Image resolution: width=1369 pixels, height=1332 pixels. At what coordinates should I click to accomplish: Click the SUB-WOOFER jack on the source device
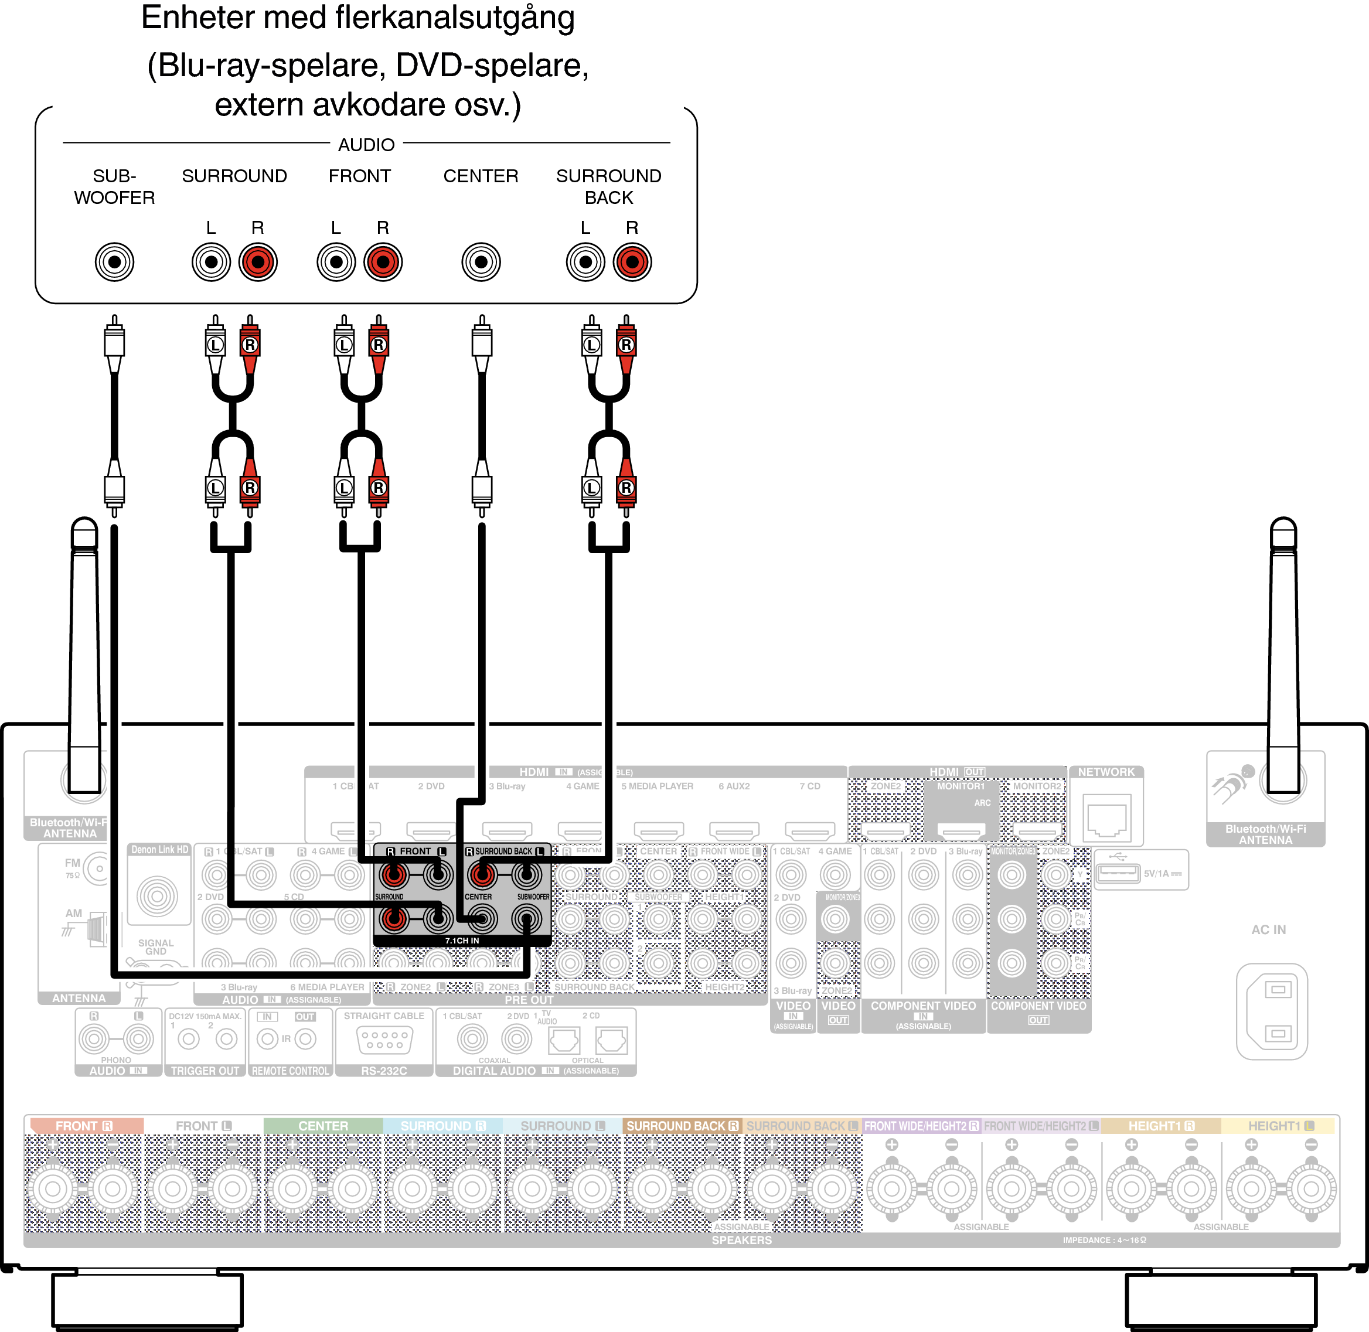(114, 263)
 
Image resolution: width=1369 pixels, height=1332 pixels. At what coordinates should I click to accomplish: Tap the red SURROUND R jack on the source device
(258, 263)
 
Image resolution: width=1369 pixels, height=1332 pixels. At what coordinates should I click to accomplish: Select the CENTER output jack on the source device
(481, 263)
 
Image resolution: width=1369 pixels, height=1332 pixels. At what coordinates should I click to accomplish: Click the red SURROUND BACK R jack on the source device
(632, 263)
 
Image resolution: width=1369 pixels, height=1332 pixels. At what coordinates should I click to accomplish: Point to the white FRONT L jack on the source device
(336, 263)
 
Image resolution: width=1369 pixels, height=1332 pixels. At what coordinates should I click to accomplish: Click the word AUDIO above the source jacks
(366, 145)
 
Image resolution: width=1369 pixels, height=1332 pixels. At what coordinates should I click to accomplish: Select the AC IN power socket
(1271, 1011)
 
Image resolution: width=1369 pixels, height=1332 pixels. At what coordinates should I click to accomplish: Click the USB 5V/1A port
(1118, 873)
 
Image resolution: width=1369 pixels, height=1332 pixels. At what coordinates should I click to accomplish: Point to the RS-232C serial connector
(384, 1040)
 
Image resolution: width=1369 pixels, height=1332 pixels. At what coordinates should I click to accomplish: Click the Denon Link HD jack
(158, 895)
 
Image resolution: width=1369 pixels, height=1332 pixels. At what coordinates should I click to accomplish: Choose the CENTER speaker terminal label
(322, 1126)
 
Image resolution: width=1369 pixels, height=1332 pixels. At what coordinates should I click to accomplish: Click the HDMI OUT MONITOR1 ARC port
(961, 830)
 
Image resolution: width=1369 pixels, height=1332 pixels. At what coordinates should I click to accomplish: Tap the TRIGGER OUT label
(205, 1071)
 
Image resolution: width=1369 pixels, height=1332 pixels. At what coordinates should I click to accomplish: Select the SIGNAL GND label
(156, 947)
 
